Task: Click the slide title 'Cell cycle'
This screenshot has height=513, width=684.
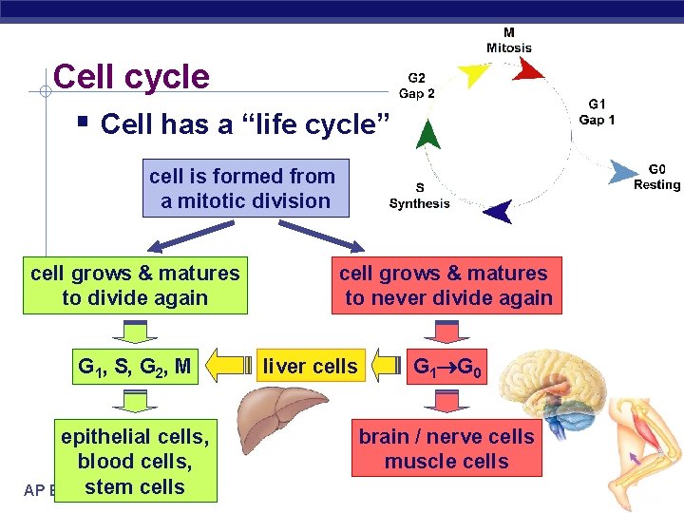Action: point(131,77)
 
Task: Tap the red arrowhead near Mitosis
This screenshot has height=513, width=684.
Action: point(528,68)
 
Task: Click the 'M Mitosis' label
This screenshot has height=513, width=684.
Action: point(509,40)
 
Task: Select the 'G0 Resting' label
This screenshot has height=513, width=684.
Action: point(656,177)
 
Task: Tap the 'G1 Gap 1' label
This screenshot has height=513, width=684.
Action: point(597,111)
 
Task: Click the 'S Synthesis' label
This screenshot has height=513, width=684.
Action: point(419,196)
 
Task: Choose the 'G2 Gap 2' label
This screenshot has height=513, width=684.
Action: point(417,85)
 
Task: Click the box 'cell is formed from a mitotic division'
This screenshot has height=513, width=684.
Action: point(242,188)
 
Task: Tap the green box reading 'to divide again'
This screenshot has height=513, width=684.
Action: point(135,285)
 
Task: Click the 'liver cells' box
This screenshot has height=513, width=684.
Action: point(311,366)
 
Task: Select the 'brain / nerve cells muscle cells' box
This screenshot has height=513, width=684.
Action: point(446,448)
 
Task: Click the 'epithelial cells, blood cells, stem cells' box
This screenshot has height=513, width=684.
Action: point(135,461)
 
